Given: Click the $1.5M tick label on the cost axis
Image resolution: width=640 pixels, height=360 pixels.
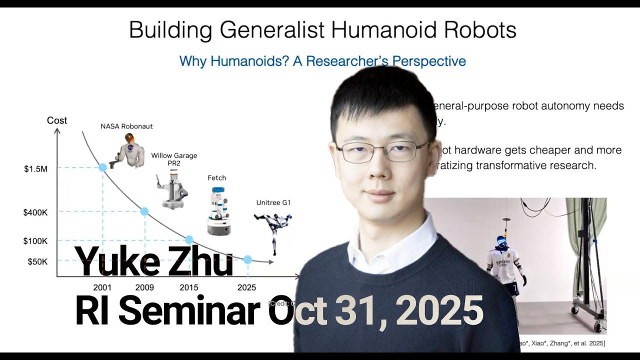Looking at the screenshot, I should pyautogui.click(x=35, y=169).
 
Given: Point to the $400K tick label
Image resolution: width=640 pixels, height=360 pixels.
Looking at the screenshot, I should pyautogui.click(x=35, y=212).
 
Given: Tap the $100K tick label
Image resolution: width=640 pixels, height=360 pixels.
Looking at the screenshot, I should pyautogui.click(x=35, y=241).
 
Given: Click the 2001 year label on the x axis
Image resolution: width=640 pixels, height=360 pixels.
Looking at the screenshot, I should pyautogui.click(x=102, y=287).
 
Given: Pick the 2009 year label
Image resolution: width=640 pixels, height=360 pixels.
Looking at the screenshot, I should pyautogui.click(x=144, y=287).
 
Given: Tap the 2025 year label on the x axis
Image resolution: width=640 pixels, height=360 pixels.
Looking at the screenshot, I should pyautogui.click(x=246, y=287).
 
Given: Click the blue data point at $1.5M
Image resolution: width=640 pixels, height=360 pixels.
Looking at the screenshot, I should pyautogui.click(x=102, y=167).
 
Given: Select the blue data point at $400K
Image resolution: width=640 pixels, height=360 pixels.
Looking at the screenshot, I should pyautogui.click(x=144, y=211).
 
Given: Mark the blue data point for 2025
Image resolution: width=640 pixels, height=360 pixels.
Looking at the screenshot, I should pyautogui.click(x=247, y=259).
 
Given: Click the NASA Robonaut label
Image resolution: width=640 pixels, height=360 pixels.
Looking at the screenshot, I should pyautogui.click(x=126, y=126).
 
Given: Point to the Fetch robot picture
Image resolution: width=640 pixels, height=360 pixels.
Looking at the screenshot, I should pyautogui.click(x=218, y=210).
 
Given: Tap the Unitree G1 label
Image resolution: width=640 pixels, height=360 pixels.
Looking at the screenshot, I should pyautogui.click(x=273, y=202).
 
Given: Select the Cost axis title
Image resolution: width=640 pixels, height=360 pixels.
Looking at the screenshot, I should pyautogui.click(x=57, y=120).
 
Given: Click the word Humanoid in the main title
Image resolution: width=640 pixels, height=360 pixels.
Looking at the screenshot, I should pyautogui.click(x=378, y=30).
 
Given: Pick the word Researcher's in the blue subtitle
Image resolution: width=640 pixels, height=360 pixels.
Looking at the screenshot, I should pyautogui.click(x=348, y=61).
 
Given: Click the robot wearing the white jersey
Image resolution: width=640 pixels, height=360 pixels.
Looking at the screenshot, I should pyautogui.click(x=504, y=265).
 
